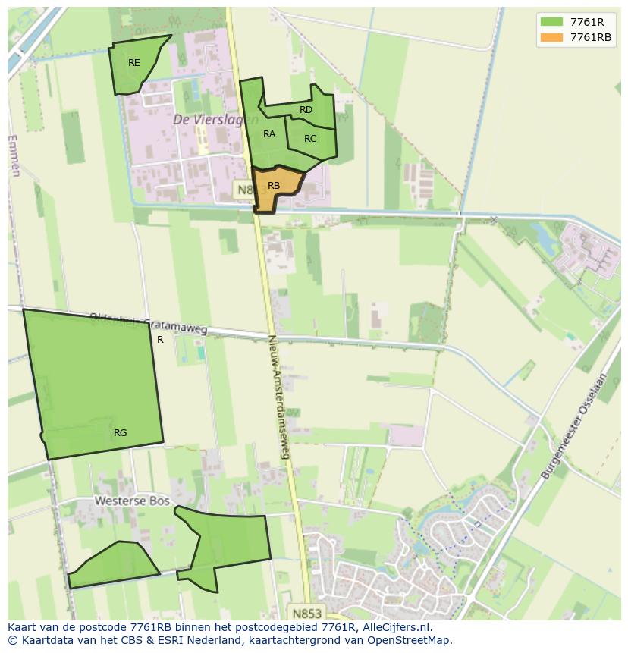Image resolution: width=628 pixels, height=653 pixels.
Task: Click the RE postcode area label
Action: [x=134, y=63]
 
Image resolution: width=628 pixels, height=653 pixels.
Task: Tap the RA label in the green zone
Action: [x=269, y=134]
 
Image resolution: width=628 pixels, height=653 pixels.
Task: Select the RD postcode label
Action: [x=306, y=110]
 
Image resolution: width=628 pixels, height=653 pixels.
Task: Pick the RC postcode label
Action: [x=310, y=139]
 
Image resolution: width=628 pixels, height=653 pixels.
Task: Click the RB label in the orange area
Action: [x=274, y=186]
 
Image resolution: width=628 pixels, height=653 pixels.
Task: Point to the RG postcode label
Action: [x=120, y=433]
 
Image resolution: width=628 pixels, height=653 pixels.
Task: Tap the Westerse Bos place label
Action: [x=125, y=501]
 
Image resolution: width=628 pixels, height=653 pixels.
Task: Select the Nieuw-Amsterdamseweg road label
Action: [x=278, y=397]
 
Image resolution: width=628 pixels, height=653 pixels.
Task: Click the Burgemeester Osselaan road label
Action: [x=574, y=425]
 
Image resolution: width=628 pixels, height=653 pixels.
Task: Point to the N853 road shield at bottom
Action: [x=306, y=612]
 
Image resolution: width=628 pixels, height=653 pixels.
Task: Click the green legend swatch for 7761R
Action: [x=551, y=23]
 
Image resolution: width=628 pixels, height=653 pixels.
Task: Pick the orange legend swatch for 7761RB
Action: [x=551, y=38]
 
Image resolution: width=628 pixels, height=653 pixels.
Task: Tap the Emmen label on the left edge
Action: [x=14, y=155]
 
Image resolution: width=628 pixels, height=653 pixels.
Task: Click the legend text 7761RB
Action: [x=591, y=38]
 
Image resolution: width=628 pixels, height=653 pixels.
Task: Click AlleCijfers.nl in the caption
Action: [x=397, y=627]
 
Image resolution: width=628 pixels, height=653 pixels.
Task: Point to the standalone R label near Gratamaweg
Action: [x=160, y=340]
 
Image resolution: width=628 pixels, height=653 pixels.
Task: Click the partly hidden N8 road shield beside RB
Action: [x=243, y=190]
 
